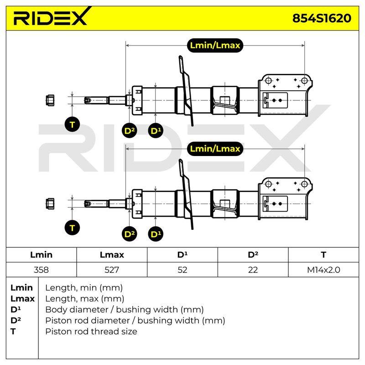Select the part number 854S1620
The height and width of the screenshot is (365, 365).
click(322, 18)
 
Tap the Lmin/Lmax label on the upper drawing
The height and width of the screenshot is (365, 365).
click(215, 45)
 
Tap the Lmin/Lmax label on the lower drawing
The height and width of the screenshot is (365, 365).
click(215, 149)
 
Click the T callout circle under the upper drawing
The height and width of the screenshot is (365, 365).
click(72, 124)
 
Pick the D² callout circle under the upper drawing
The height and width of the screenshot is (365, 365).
click(130, 130)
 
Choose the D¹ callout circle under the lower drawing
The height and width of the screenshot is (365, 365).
click(156, 234)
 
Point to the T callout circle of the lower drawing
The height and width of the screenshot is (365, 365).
click(72, 228)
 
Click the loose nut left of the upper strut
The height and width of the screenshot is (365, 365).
click(50, 100)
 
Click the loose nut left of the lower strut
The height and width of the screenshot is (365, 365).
click(50, 203)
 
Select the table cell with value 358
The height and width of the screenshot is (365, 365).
click(41, 270)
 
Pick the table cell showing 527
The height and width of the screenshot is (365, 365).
click(112, 270)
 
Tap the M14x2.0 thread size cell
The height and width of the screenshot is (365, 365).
click(323, 270)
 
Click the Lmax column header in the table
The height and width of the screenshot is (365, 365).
click(112, 255)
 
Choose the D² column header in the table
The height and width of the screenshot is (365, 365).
click(253, 255)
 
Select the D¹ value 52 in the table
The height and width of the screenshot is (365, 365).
click(182, 270)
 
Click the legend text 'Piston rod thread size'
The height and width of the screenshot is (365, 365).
click(91, 332)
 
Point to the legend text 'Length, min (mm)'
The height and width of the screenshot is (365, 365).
click(84, 288)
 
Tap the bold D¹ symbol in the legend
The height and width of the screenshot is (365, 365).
click(16, 310)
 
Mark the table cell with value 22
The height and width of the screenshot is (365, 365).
click(253, 270)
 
